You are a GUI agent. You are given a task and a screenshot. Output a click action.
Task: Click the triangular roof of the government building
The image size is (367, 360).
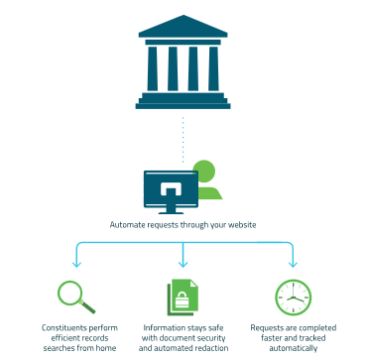coord(183,27)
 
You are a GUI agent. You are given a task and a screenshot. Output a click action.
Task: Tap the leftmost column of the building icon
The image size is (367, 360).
coord(153,68)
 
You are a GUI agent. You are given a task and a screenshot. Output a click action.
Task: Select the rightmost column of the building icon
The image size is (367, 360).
coord(213,68)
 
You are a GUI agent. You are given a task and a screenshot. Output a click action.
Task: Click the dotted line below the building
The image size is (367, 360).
coord(183,140)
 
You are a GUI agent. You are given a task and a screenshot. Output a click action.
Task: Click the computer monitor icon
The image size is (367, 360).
coord(171,191)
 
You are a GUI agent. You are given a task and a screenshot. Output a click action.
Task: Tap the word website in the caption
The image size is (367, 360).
coord(244,225)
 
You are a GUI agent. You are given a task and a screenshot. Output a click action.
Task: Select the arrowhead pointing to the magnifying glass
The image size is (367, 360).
coord(76,264)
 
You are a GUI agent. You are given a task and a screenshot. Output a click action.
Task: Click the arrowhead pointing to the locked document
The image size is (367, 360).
coord(183,264)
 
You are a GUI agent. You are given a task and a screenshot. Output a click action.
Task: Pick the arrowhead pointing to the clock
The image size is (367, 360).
coord(293,264)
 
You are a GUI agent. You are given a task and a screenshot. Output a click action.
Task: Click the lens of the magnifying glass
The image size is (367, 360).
coord(69,293)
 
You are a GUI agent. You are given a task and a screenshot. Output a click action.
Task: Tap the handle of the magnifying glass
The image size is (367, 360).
coord(87,306)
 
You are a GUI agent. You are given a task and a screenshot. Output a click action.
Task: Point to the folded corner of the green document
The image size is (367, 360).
coord(193,284)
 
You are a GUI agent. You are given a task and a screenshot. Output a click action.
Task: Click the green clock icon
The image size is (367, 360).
coord(294,298)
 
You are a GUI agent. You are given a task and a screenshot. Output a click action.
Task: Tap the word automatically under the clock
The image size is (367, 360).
coord(294,348)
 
